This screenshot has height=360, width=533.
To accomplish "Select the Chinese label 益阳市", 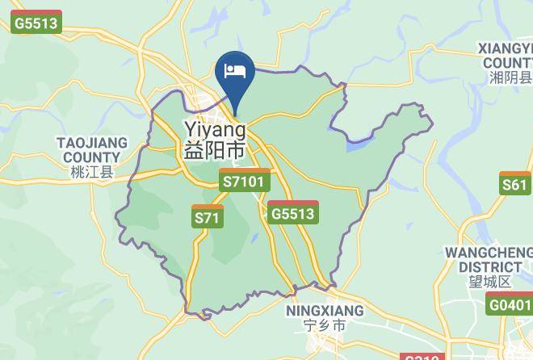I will pos(214,150).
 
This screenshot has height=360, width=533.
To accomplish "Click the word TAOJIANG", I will pos(92,143).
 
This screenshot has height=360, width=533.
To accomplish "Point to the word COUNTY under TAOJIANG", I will pos(92,157).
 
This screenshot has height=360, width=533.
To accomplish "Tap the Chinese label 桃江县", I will pos(92,172).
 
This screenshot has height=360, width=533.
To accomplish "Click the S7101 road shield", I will pos(244,181).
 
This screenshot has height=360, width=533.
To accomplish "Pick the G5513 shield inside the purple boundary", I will pos(292,213).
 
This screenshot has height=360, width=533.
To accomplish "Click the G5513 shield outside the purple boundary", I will pos(36,23).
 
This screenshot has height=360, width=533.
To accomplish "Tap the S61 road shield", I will pos(514,184).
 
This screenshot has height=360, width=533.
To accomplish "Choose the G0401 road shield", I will pos(510,305).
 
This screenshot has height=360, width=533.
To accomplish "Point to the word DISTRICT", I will pos(489,267).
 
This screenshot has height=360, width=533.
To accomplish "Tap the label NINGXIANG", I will pos(325,311).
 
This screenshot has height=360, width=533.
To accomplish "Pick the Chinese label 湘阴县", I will pos(510,77).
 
